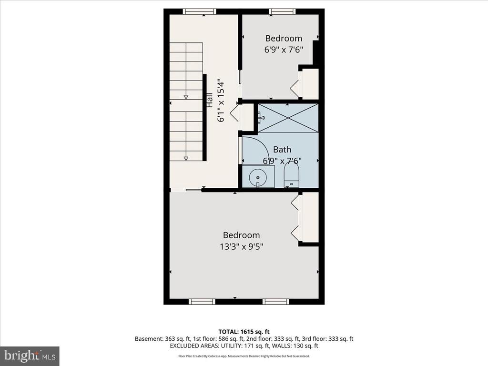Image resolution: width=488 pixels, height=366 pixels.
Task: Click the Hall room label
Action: click(x=210, y=100)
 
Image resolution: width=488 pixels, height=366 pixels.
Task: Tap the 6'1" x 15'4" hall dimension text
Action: click(x=221, y=102)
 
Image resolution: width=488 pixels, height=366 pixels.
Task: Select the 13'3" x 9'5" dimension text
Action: click(x=242, y=246)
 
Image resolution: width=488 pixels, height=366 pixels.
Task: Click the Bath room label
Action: click(x=282, y=149)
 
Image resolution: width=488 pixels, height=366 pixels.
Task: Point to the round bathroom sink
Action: click(x=258, y=177)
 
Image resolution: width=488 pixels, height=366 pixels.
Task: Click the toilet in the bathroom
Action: click(x=292, y=175)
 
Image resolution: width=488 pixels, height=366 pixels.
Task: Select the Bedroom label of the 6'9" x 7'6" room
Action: click(x=284, y=38)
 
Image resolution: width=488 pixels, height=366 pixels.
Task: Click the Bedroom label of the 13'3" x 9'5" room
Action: click(x=242, y=235)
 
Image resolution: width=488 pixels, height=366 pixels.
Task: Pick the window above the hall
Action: click(x=199, y=11)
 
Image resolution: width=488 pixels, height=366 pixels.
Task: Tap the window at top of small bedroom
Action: click(x=282, y=11)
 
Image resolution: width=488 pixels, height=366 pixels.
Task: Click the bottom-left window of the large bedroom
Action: click(x=202, y=302)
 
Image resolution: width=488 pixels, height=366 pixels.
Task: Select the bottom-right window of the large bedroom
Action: click(x=276, y=302)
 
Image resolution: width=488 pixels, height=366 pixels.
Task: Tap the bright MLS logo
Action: click(x=30, y=356)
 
